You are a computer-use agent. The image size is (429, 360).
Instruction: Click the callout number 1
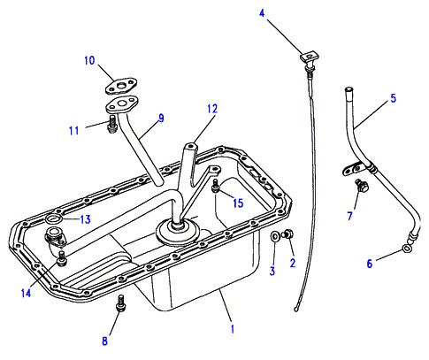pyautogui.click(x=233, y=329)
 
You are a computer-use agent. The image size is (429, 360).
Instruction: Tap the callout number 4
pyautogui.click(x=262, y=13)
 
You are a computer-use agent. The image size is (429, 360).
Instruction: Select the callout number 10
pyautogui.click(x=89, y=60)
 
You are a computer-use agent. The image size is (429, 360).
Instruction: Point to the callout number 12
pyautogui.click(x=212, y=109)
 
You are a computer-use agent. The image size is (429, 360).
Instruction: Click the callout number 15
pyautogui.click(x=238, y=203)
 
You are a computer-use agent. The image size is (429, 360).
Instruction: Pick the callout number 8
pyautogui.click(x=104, y=341)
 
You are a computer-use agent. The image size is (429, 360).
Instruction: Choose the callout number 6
pyautogui.click(x=370, y=263)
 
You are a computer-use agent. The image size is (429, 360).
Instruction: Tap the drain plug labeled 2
pyautogui.click(x=288, y=234)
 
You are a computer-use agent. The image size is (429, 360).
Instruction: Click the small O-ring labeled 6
pyautogui.click(x=407, y=249)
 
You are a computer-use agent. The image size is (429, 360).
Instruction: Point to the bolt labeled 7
pyautogui.click(x=362, y=185)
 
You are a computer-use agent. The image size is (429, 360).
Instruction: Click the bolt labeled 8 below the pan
pyautogui.click(x=120, y=303)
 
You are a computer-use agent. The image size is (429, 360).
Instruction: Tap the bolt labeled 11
pyautogui.click(x=111, y=124)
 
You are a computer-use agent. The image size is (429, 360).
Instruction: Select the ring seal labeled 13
pyautogui.click(x=54, y=219)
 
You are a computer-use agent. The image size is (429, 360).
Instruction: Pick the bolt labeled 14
pyautogui.click(x=62, y=258)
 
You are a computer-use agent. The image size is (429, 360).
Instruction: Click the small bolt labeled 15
pyautogui.click(x=216, y=186)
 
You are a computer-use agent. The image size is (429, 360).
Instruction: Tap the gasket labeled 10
pyautogui.click(x=121, y=86)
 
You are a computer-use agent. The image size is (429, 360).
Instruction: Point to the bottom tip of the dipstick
pyautogui.click(x=296, y=310)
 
